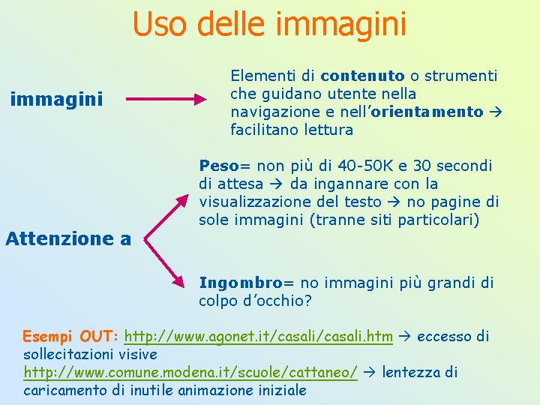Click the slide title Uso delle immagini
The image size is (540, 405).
270,23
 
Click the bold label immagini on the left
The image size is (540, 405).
57,99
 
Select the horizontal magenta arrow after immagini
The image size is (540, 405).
166,99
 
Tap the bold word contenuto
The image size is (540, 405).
362,76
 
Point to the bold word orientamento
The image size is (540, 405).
427,112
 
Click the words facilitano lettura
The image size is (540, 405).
292,130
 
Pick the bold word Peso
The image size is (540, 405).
219,166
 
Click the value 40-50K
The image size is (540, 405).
365,166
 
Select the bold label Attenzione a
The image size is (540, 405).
68,238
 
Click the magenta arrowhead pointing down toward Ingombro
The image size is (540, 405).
178,281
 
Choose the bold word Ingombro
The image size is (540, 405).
241,283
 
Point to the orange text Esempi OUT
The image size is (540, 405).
70,336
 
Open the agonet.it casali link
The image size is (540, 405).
258,336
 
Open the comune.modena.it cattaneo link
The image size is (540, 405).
190,372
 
